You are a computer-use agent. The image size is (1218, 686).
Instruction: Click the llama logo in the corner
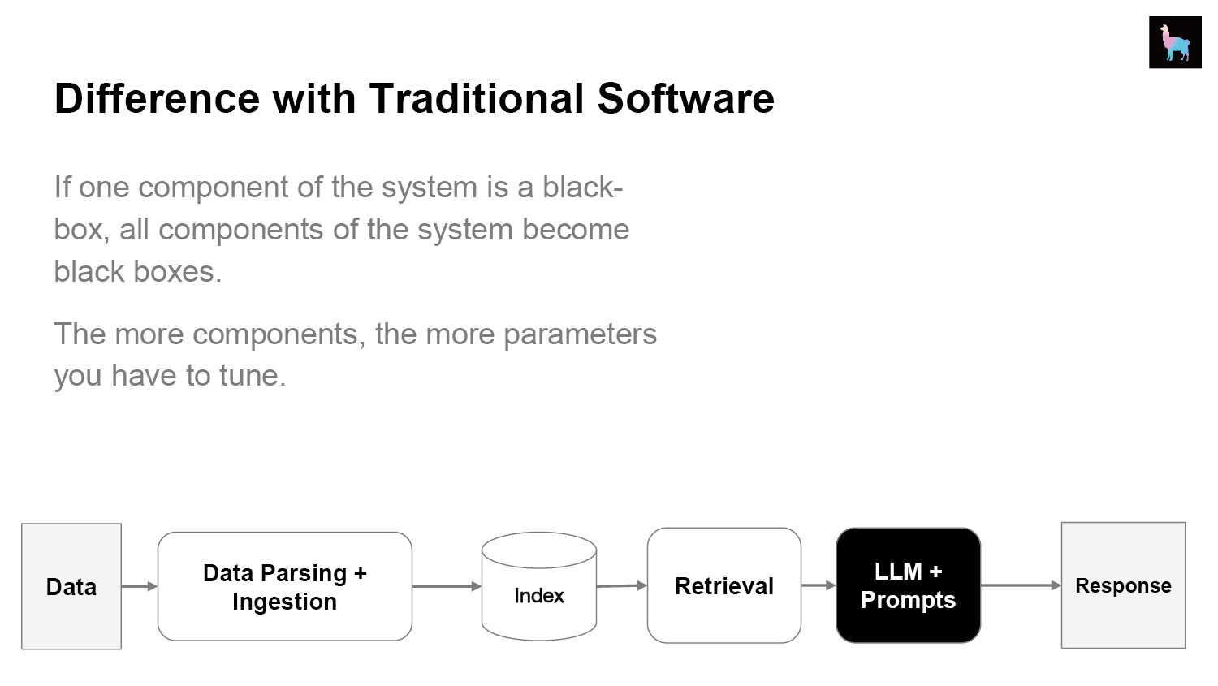(1175, 42)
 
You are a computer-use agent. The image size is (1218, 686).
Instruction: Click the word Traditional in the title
(477, 98)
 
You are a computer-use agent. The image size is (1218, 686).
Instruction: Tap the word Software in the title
(685, 98)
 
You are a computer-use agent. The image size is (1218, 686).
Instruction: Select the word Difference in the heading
(158, 98)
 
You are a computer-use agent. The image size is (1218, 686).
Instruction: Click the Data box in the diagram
(71, 586)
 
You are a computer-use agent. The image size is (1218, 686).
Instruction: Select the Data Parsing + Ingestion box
(285, 586)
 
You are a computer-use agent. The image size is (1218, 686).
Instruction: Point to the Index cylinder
(539, 586)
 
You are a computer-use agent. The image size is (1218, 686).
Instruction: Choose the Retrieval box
(723, 585)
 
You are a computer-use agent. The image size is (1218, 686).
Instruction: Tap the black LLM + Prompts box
(908, 585)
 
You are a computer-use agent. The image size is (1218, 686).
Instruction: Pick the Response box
(1123, 585)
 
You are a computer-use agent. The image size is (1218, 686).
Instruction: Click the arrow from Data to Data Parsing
(140, 586)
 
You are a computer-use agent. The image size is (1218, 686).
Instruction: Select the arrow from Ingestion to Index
(447, 586)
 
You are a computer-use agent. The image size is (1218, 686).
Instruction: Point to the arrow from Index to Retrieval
(622, 585)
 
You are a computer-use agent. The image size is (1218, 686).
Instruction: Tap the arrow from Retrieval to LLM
(818, 585)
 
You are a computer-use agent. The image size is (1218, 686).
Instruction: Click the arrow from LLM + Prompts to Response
(1021, 585)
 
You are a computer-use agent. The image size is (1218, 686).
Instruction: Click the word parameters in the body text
(581, 334)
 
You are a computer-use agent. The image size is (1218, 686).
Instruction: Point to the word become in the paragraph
(576, 229)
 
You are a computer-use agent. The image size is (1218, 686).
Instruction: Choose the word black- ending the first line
(582, 187)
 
